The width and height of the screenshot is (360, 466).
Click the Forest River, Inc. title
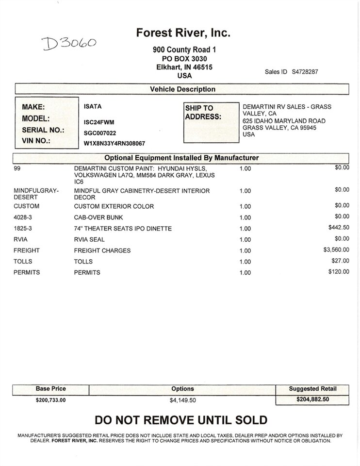click(183, 33)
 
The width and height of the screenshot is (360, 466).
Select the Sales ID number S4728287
click(305, 72)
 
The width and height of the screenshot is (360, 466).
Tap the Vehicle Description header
click(182, 89)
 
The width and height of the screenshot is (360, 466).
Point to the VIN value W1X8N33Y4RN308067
click(115, 144)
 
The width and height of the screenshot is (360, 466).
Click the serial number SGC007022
click(100, 133)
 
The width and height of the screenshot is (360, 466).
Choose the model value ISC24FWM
click(99, 122)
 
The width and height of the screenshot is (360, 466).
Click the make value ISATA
click(93, 107)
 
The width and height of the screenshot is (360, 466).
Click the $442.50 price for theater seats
click(339, 227)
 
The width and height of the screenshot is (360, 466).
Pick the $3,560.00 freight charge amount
click(336, 250)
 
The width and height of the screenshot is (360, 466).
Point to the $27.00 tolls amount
click(341, 261)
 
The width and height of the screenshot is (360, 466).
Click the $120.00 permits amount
click(339, 272)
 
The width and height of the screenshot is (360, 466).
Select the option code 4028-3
click(24, 217)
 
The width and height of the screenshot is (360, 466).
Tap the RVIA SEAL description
click(89, 240)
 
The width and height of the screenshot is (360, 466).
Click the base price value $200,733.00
click(50, 400)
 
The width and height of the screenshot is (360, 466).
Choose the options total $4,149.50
click(182, 400)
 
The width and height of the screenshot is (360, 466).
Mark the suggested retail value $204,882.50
click(312, 399)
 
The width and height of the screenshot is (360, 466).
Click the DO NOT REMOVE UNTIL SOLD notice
click(180, 420)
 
